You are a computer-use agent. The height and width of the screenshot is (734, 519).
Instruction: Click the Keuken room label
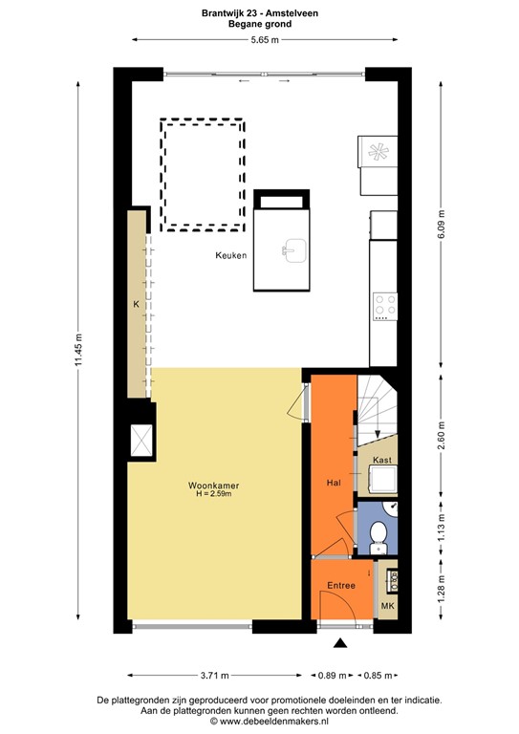coord(232,256)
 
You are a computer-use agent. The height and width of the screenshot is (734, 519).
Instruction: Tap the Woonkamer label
coord(213,486)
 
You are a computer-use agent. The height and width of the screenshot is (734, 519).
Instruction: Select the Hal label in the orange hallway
coord(334,483)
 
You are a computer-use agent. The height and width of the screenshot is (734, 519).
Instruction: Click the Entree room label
coord(340,585)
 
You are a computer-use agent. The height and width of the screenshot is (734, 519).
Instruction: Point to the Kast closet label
coord(383,460)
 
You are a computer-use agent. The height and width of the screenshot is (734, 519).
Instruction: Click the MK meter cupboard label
coord(387,606)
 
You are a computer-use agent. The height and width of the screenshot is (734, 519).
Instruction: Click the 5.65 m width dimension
coord(265,39)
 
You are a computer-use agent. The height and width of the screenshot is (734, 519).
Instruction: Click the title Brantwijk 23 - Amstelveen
coord(259,13)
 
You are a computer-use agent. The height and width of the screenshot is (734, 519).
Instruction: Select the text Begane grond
coord(259,25)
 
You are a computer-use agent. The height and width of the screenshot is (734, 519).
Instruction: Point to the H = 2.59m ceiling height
coord(213,495)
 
